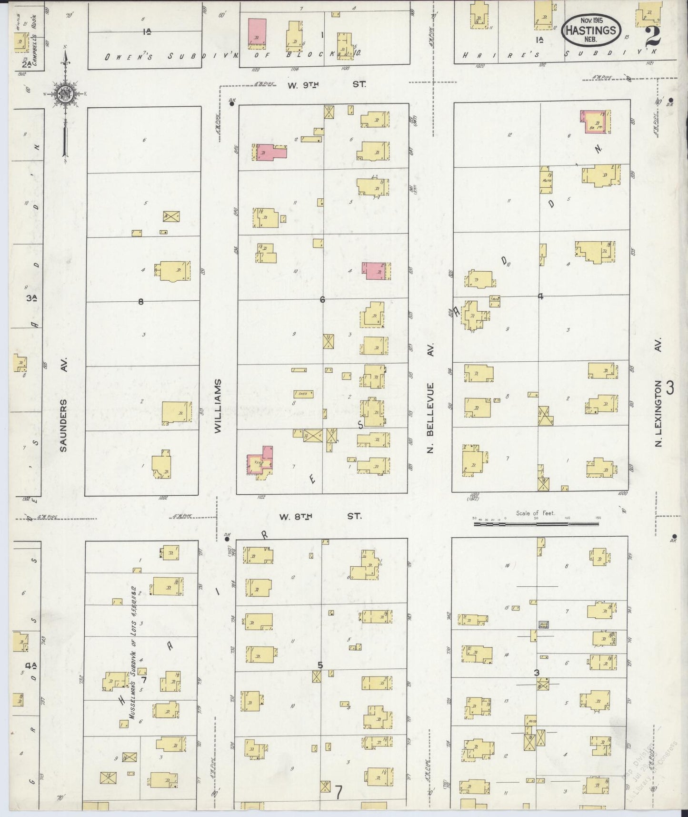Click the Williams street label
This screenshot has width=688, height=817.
tap(218, 406)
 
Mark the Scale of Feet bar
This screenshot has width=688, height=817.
tap(536, 523)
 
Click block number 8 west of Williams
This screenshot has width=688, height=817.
tap(140, 301)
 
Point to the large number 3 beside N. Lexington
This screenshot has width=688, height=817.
tap(670, 388)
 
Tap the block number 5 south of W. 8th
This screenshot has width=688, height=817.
tap(320, 665)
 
